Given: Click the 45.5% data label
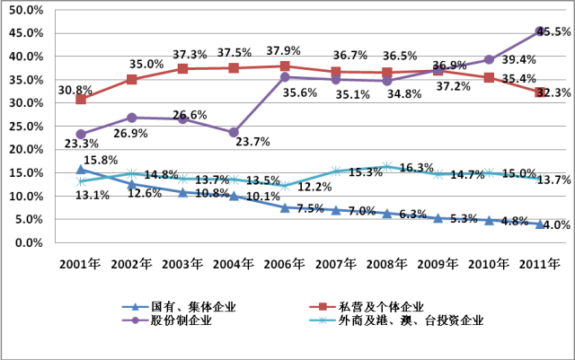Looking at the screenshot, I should click(549, 32).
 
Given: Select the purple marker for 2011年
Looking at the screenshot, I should click(540, 31).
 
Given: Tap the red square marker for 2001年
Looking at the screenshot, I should click(81, 99).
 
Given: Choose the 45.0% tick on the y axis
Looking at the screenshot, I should click(27, 33).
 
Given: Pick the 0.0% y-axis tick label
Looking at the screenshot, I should click(30, 242).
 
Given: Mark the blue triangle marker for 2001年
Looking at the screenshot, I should click(81, 169).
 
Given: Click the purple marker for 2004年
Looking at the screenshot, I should click(234, 132).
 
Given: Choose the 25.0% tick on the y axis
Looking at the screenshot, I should click(27, 127).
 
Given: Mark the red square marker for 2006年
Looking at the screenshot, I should click(285, 66).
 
